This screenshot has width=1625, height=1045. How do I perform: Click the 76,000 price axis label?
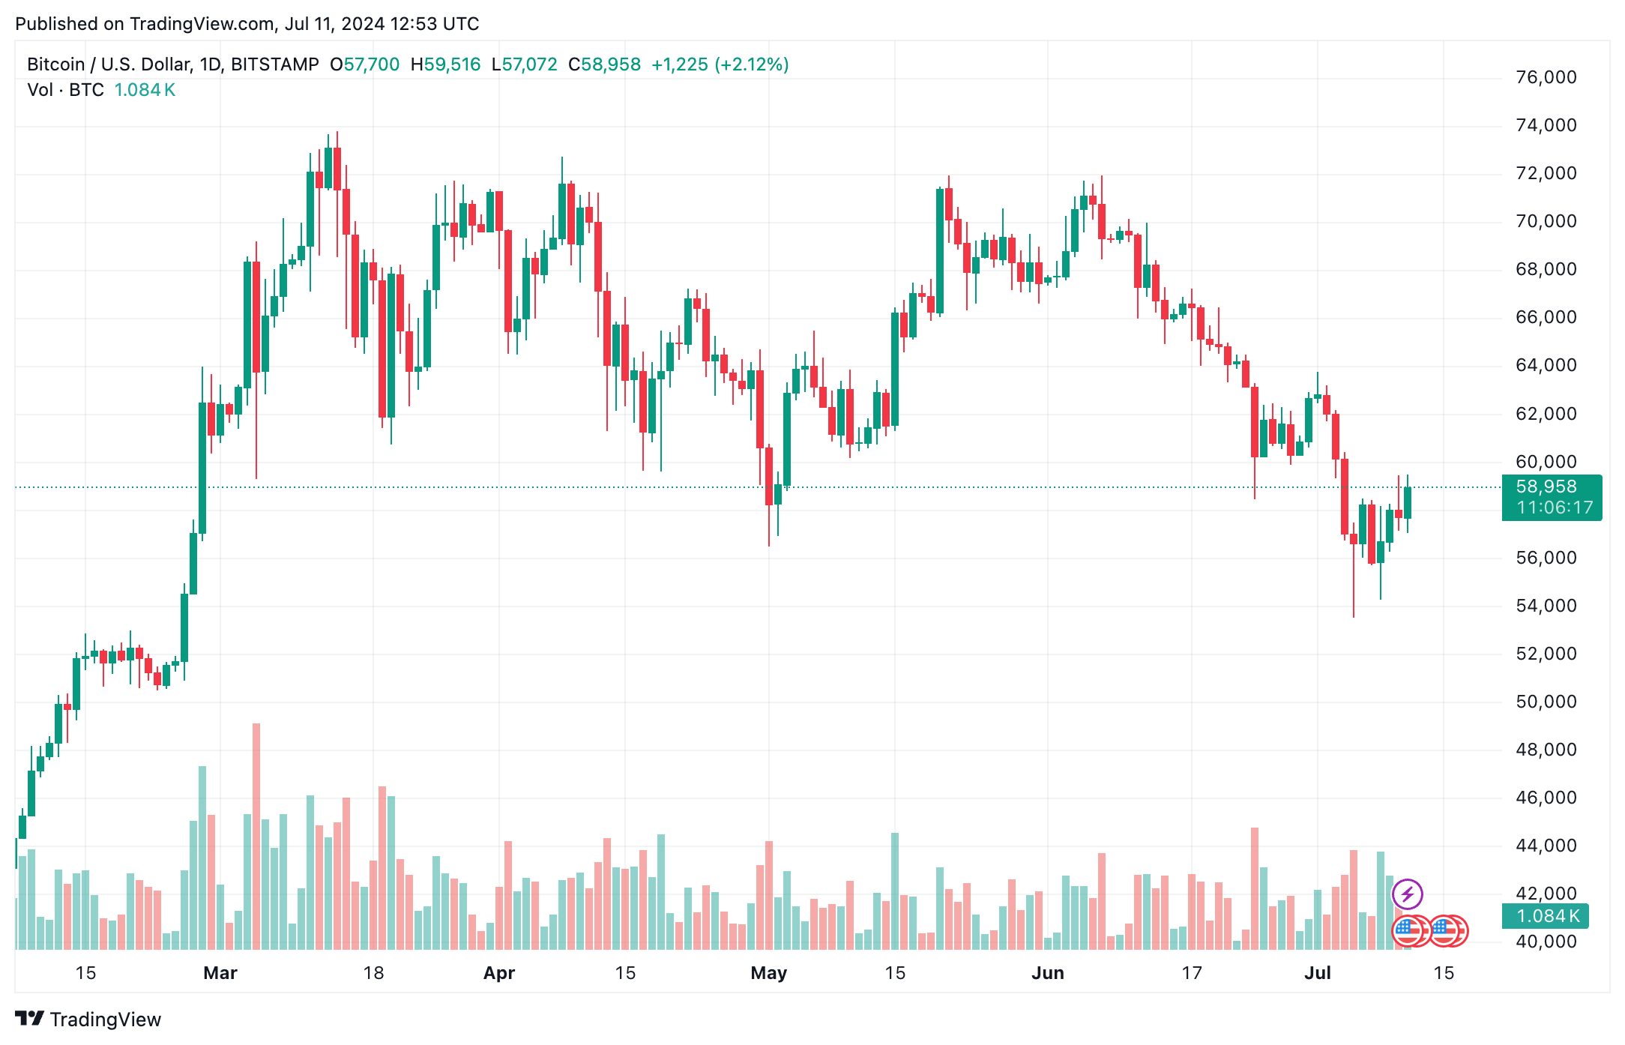tap(1546, 77)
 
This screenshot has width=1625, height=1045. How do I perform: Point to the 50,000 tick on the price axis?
tap(1546, 702)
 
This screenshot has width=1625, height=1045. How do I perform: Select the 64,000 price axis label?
tap(1546, 365)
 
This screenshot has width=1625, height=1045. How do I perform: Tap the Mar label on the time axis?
tap(220, 973)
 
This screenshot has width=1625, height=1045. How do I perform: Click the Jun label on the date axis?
tap(1047, 973)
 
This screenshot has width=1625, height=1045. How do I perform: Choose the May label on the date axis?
tap(769, 973)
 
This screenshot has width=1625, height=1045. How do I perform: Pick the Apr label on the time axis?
tap(499, 973)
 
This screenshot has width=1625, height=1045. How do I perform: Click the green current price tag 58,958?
tap(1546, 487)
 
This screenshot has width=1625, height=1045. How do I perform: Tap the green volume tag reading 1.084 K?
tap(1548, 916)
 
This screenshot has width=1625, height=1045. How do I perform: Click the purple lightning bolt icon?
tap(1407, 894)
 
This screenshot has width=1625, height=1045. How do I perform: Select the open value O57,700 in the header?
tap(365, 64)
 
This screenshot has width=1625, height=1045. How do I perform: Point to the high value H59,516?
tap(445, 64)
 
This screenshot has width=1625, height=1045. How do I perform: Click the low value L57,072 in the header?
tap(524, 64)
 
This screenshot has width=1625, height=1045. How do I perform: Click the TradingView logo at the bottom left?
tap(88, 1020)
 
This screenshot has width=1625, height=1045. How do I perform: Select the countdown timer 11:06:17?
tap(1554, 508)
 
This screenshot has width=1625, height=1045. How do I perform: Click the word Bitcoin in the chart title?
tap(55, 64)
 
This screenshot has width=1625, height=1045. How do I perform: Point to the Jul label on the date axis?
tap(1317, 973)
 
